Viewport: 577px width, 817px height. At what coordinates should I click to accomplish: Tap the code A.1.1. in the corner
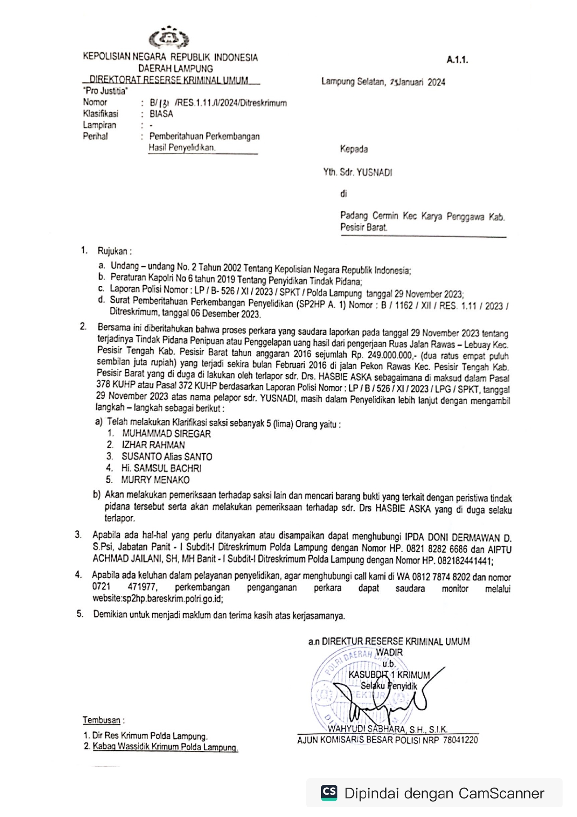(x=457, y=60)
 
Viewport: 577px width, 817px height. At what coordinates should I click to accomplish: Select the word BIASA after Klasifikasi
(x=161, y=114)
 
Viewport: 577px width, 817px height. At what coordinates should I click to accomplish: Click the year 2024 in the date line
(x=436, y=82)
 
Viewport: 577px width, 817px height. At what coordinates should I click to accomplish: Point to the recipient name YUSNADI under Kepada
(x=374, y=172)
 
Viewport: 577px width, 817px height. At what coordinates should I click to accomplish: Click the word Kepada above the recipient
(x=354, y=149)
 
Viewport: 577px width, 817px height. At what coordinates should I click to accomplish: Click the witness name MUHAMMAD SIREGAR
(x=166, y=433)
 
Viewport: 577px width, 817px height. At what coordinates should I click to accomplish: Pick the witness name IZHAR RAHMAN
(x=153, y=445)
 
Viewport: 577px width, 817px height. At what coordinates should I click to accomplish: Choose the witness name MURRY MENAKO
(x=155, y=479)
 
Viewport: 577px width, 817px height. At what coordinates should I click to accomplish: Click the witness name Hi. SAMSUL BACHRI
(x=161, y=468)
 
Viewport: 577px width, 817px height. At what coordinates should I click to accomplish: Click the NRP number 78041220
(x=460, y=740)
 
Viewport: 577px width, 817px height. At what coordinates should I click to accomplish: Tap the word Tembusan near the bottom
(x=101, y=720)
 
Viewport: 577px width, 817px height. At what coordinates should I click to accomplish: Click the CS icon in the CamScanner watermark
(x=329, y=792)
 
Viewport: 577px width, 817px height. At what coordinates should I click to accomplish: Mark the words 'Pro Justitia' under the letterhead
(x=105, y=91)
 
